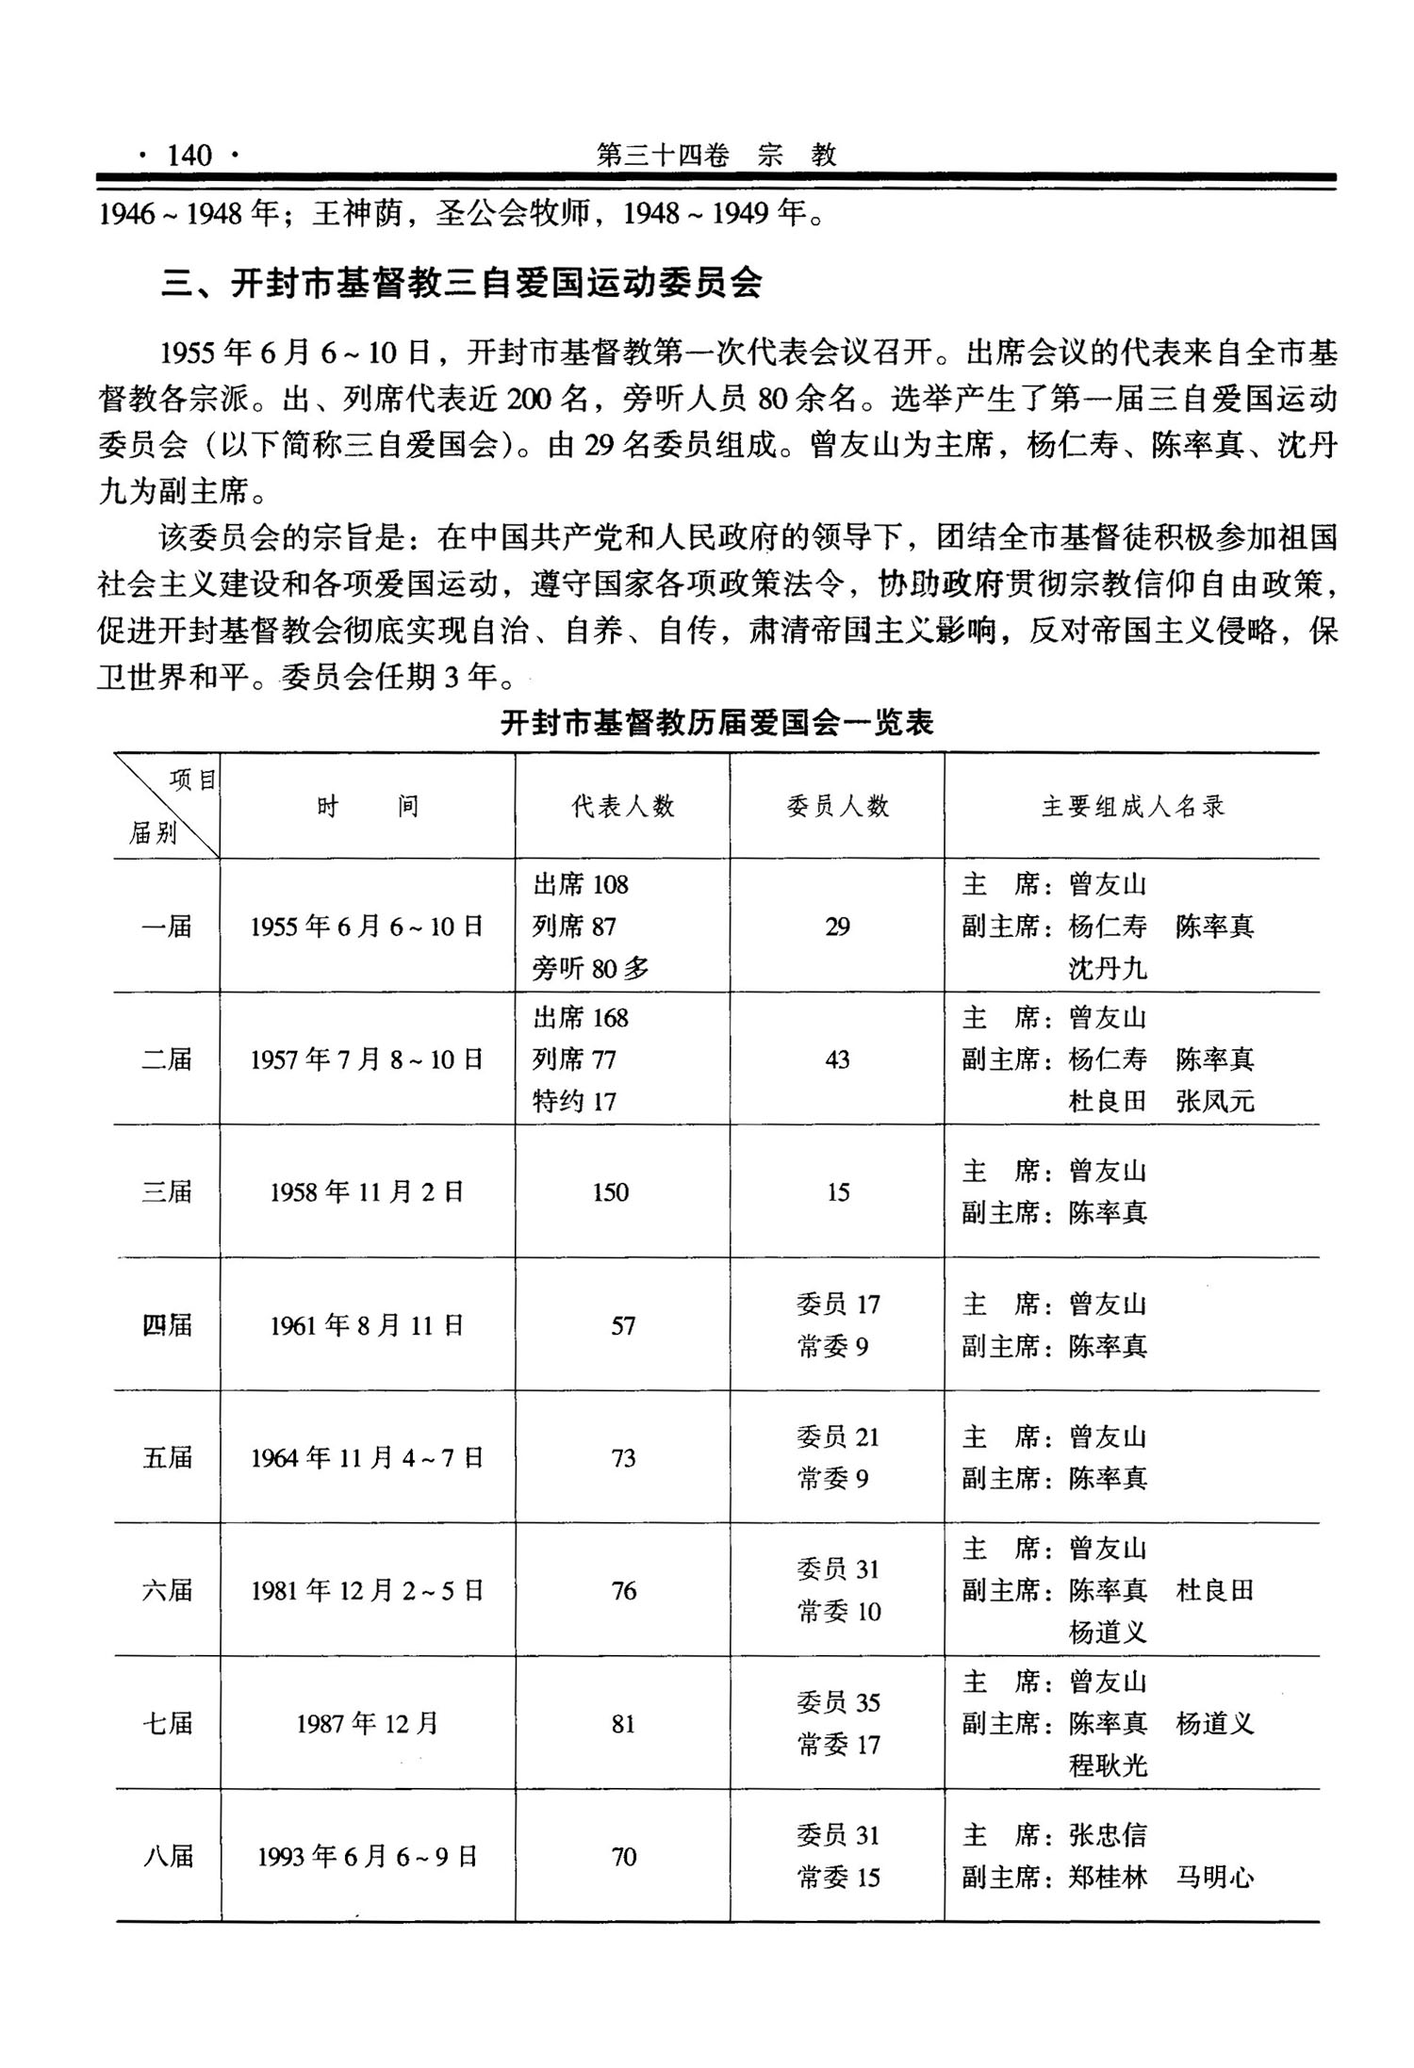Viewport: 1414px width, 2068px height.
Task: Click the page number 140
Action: (x=189, y=155)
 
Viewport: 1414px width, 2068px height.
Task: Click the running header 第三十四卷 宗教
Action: (x=716, y=155)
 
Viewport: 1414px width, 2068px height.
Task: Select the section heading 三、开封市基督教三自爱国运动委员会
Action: (x=461, y=283)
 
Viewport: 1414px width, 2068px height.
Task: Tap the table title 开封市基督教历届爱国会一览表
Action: (x=716, y=723)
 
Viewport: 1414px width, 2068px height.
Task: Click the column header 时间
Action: (x=367, y=807)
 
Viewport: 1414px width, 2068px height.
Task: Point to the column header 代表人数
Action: (x=623, y=807)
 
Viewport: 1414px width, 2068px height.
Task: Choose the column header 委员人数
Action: (x=837, y=807)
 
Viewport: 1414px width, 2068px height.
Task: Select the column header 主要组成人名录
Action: (x=1132, y=807)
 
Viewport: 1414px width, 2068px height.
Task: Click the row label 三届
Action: (x=167, y=1192)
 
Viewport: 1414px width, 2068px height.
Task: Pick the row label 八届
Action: (x=168, y=1857)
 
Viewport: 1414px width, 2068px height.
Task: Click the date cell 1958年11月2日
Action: (x=367, y=1192)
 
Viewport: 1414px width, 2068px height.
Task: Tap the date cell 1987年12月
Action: (x=367, y=1724)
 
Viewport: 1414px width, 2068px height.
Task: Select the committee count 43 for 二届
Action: (x=837, y=1059)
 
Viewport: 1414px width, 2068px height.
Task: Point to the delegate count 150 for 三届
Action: (x=611, y=1192)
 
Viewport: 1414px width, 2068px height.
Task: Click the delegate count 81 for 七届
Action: (x=623, y=1724)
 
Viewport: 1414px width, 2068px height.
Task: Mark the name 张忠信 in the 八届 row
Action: (x=1108, y=1835)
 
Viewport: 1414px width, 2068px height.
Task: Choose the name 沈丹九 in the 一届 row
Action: (x=1108, y=968)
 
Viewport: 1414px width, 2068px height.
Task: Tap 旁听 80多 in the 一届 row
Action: (x=591, y=968)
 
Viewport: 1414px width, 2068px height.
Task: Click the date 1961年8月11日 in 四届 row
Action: (x=367, y=1326)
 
